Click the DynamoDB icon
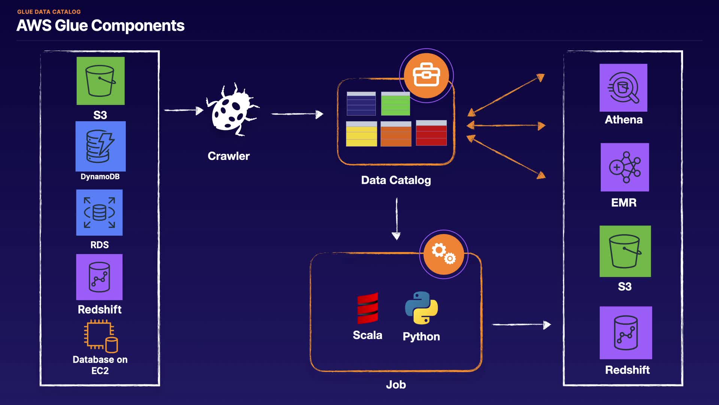point(100,146)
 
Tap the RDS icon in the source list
point(99,212)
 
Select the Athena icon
point(623,88)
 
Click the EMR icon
point(625,167)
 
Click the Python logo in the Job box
point(421,308)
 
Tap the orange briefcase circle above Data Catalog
point(426,75)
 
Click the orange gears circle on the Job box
point(443,254)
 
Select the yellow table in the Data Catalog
point(361,134)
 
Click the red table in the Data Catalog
point(431,133)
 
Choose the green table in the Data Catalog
point(395,103)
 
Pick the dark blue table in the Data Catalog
point(361,103)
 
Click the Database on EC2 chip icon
point(100,336)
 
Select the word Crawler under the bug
point(228,156)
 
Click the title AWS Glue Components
point(100,25)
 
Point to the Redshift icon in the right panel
point(625,333)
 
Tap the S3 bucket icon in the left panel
point(100,81)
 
